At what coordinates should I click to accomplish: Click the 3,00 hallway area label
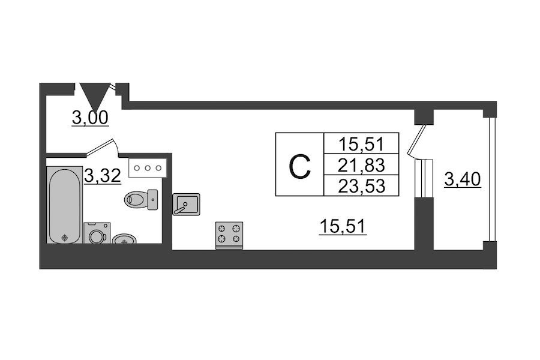click(x=90, y=118)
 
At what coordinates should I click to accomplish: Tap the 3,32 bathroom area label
click(x=103, y=175)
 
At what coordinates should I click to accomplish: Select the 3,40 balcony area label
click(x=463, y=179)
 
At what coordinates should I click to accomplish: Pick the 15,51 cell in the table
click(x=360, y=144)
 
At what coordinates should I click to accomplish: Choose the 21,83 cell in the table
click(x=360, y=164)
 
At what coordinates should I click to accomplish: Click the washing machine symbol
click(x=97, y=233)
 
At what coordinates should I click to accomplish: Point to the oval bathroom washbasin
click(x=124, y=240)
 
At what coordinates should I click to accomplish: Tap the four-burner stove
click(x=229, y=234)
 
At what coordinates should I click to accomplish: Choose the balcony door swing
click(x=417, y=139)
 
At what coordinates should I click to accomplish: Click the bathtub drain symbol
click(x=64, y=238)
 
